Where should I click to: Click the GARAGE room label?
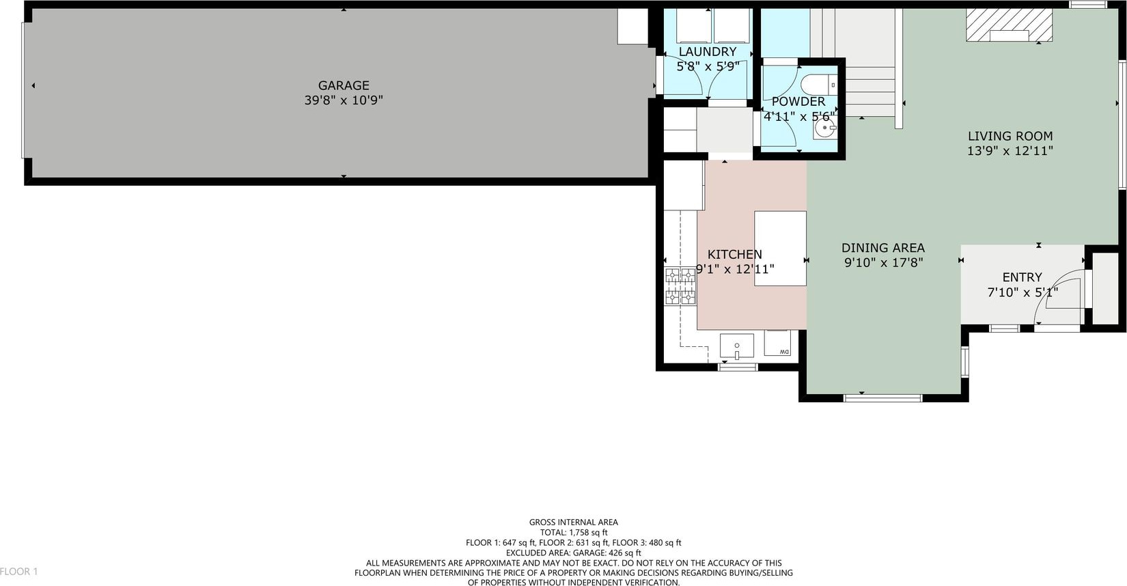click(344, 85)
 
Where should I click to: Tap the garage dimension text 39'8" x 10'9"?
click(344, 100)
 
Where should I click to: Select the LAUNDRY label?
click(708, 52)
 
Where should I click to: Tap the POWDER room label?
click(798, 102)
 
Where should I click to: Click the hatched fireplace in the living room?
click(1009, 25)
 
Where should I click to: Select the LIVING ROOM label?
click(1010, 137)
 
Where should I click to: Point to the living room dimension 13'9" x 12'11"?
click(1010, 151)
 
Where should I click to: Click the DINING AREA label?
click(883, 248)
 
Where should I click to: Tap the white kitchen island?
click(780, 249)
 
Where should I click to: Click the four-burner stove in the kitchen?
click(681, 286)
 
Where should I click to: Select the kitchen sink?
click(736, 346)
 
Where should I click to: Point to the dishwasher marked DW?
click(777, 343)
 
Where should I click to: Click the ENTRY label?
click(1022, 277)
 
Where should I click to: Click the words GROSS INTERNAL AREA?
click(574, 522)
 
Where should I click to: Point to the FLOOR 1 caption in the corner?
click(18, 572)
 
